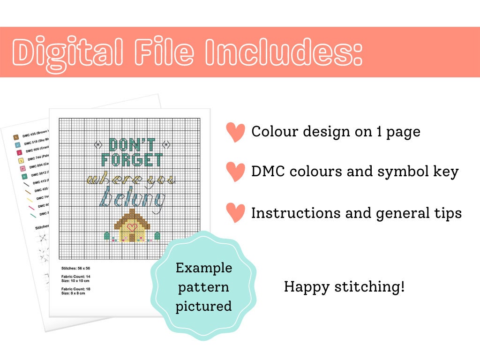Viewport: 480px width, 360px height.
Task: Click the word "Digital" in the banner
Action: coord(68,52)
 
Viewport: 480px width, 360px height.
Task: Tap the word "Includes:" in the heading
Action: coord(282,52)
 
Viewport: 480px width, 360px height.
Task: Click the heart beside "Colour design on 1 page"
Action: coord(235,133)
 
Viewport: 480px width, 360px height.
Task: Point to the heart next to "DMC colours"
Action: coord(235,172)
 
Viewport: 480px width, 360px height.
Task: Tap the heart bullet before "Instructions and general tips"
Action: coord(235,213)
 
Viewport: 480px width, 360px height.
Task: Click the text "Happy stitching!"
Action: coord(344,286)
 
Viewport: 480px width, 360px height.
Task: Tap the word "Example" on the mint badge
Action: coord(203,268)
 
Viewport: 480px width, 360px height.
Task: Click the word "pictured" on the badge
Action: coord(203,307)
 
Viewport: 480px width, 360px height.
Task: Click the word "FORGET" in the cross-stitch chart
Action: coord(133,160)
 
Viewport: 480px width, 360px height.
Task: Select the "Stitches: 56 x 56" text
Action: coord(76,268)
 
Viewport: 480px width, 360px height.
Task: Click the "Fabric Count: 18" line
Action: coord(76,289)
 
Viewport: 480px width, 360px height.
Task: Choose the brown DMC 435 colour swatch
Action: coord(15,137)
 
